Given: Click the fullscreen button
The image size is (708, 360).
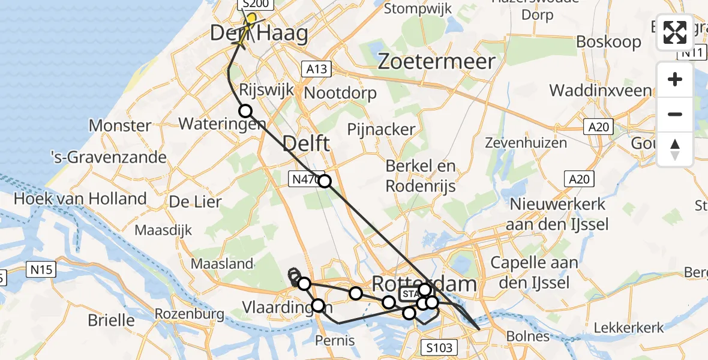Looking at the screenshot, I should [675, 32].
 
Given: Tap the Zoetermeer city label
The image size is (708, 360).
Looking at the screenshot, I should [437, 61].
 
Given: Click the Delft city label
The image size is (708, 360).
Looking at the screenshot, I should [305, 144].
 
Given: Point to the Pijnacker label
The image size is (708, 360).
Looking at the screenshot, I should [382, 129].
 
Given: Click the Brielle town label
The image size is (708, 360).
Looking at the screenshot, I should [110, 320].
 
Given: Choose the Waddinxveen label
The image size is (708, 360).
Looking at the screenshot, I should [600, 91].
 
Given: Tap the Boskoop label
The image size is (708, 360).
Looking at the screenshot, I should [608, 42].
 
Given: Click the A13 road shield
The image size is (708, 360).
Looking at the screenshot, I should [316, 69].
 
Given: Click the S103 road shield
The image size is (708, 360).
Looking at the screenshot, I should [439, 347].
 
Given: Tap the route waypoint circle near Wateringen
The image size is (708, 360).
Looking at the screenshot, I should [245, 110].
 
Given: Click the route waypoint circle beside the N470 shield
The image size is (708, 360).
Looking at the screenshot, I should [324, 181].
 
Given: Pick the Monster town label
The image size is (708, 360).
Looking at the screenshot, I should [119, 126].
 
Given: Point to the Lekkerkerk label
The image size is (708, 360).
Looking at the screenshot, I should [629, 328].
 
